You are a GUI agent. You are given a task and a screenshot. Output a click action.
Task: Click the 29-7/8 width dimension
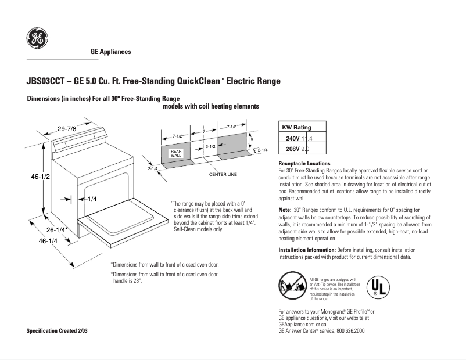coord(67,128)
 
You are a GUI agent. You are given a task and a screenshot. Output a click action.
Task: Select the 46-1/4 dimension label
coord(48,240)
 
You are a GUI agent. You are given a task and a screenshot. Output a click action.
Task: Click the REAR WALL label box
coord(176,153)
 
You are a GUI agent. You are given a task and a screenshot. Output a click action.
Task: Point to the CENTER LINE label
coord(223,174)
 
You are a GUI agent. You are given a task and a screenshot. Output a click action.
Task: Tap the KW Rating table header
coord(296,128)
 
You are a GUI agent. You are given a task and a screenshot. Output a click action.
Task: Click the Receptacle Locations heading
coord(304,164)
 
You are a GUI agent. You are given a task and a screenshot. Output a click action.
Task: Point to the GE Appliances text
coord(110,52)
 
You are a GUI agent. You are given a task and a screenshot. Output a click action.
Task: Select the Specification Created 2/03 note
coord(60,330)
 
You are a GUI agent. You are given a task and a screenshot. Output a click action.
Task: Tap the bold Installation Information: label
coord(307,250)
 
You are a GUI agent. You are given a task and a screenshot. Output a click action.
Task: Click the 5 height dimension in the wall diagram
coord(252,140)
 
